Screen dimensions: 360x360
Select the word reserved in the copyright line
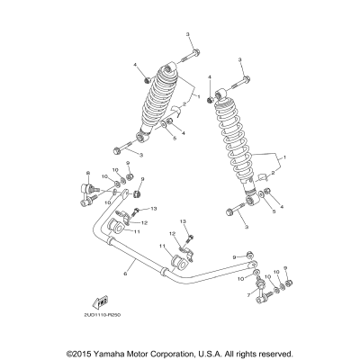click(298, 354)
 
